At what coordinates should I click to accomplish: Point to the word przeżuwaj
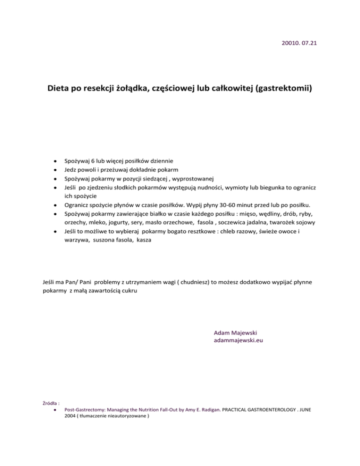(x=112, y=169)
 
